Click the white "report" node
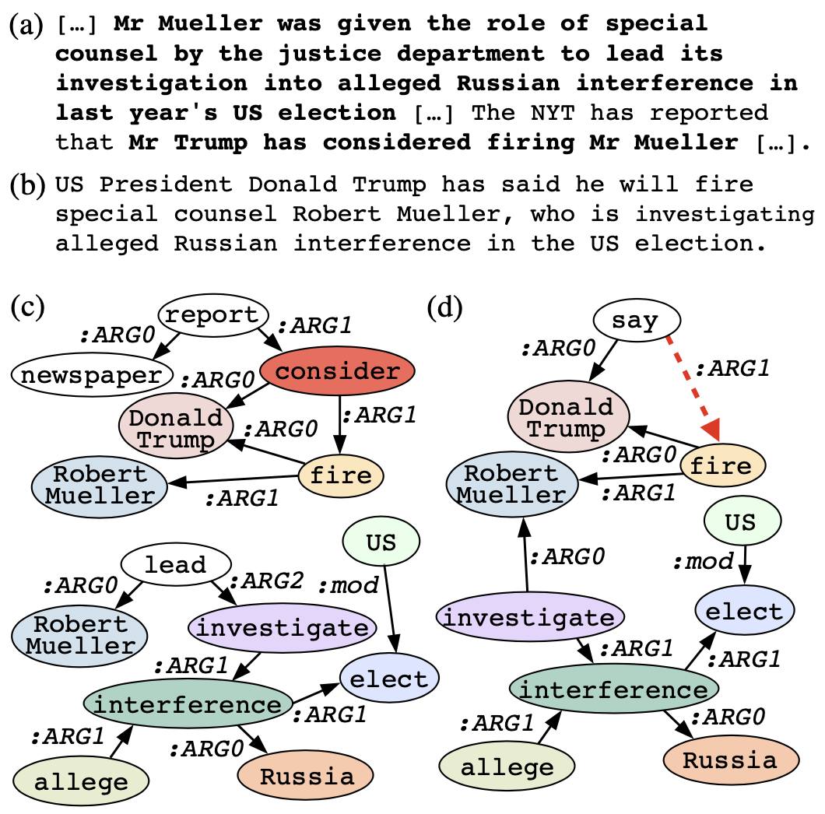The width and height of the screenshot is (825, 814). click(213, 315)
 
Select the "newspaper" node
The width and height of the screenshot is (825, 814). click(91, 376)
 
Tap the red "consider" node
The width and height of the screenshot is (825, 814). click(337, 372)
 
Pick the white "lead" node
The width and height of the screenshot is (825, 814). click(176, 564)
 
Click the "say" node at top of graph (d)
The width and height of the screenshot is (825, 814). click(637, 320)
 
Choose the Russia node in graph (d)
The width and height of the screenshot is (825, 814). click(730, 759)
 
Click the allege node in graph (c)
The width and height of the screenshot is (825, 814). click(80, 781)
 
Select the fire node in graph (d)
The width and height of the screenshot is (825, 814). click(722, 465)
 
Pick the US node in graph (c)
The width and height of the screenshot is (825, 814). click(381, 539)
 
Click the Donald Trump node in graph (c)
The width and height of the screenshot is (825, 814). click(176, 428)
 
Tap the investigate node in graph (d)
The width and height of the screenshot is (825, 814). click(531, 619)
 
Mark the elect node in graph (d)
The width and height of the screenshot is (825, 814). click(745, 610)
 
